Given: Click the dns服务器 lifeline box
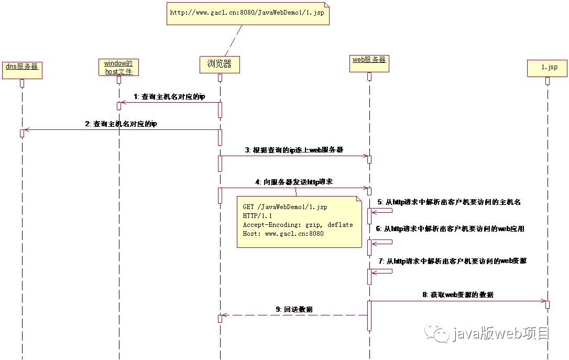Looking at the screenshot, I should pyautogui.click(x=22, y=69).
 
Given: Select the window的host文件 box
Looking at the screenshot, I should pyautogui.click(x=118, y=67).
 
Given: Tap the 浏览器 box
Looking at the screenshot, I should pyautogui.click(x=220, y=64).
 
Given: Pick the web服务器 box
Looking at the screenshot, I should pyautogui.click(x=369, y=63).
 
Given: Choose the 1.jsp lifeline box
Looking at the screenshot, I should pyautogui.click(x=547, y=68).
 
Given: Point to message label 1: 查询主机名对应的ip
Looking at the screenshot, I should pyautogui.click(x=169, y=97).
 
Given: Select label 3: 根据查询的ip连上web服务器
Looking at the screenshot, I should pyautogui.click(x=294, y=150).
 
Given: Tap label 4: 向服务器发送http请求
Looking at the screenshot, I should pyautogui.click(x=293, y=182).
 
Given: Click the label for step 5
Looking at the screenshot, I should pyautogui.click(x=449, y=202).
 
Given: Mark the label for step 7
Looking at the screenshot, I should pyautogui.click(x=452, y=260).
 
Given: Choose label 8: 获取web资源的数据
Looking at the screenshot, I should pyautogui.click(x=458, y=295).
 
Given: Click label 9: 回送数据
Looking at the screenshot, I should pyautogui.click(x=294, y=309).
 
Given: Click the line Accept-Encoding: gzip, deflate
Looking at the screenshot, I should pyautogui.click(x=298, y=225).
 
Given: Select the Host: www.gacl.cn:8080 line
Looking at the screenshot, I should pyautogui.click(x=283, y=234).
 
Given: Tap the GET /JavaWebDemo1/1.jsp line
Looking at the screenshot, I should pyautogui.click(x=284, y=207).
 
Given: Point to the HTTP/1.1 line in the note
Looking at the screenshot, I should pyautogui.click(x=257, y=216).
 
